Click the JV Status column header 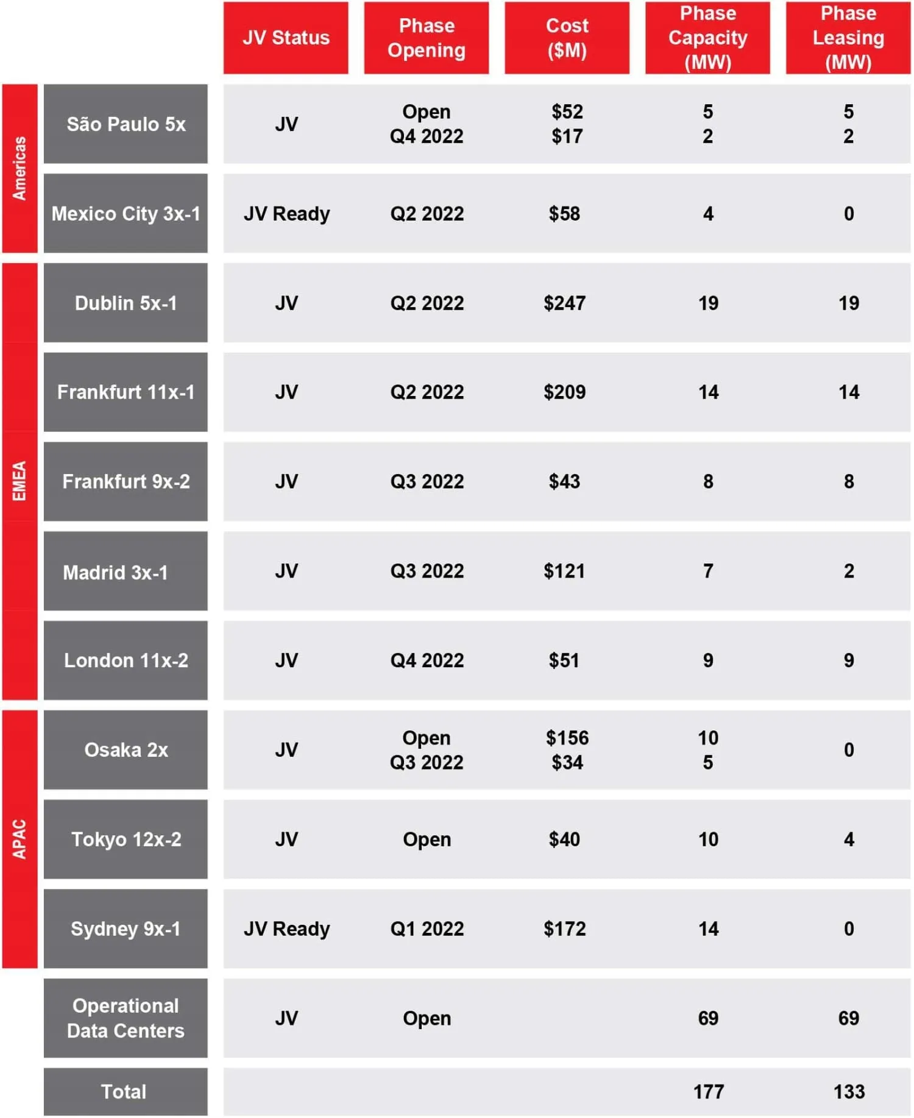[286, 38]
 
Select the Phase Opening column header [427, 38]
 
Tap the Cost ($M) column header [567, 38]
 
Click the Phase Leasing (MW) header [848, 38]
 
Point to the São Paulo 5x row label [126, 124]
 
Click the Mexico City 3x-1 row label [126, 214]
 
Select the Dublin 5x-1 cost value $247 [564, 303]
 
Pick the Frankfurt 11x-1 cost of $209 [564, 392]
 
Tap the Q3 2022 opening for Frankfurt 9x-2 [427, 481]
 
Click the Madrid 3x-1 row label [116, 572]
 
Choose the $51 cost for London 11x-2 [564, 660]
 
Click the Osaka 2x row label [126, 750]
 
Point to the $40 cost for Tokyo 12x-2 [564, 839]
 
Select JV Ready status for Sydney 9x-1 [286, 929]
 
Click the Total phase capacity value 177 [708, 1091]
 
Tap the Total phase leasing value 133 [849, 1091]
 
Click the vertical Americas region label [19, 168]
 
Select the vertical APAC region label [19, 839]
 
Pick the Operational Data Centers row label [126, 1018]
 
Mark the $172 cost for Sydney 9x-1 [564, 929]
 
